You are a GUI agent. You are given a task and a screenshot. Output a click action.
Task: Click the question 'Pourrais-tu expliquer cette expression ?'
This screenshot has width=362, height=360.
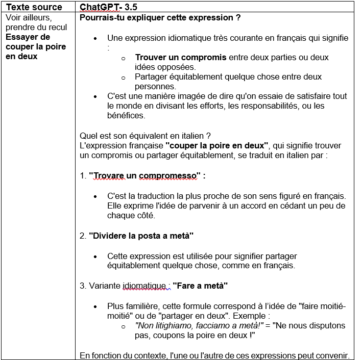pos(160,18)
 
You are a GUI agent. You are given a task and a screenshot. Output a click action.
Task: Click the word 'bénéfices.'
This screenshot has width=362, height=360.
pos(126,116)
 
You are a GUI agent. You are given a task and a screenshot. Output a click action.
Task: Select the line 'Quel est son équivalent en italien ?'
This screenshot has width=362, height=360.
pos(146,136)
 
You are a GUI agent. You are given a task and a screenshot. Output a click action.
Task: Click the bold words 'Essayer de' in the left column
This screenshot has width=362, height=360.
pos(28,37)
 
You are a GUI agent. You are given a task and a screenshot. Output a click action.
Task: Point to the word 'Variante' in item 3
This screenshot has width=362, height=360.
pos(105,286)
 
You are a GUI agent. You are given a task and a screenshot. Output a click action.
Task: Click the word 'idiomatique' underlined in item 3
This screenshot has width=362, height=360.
pos(144,286)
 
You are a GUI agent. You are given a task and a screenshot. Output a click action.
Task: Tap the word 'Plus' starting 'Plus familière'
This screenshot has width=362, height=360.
pos(115,306)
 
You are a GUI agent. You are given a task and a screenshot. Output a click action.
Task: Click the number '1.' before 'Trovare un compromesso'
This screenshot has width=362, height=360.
pos(84,176)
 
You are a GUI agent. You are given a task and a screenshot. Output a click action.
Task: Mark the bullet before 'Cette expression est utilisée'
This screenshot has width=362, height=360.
pos(96,256)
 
